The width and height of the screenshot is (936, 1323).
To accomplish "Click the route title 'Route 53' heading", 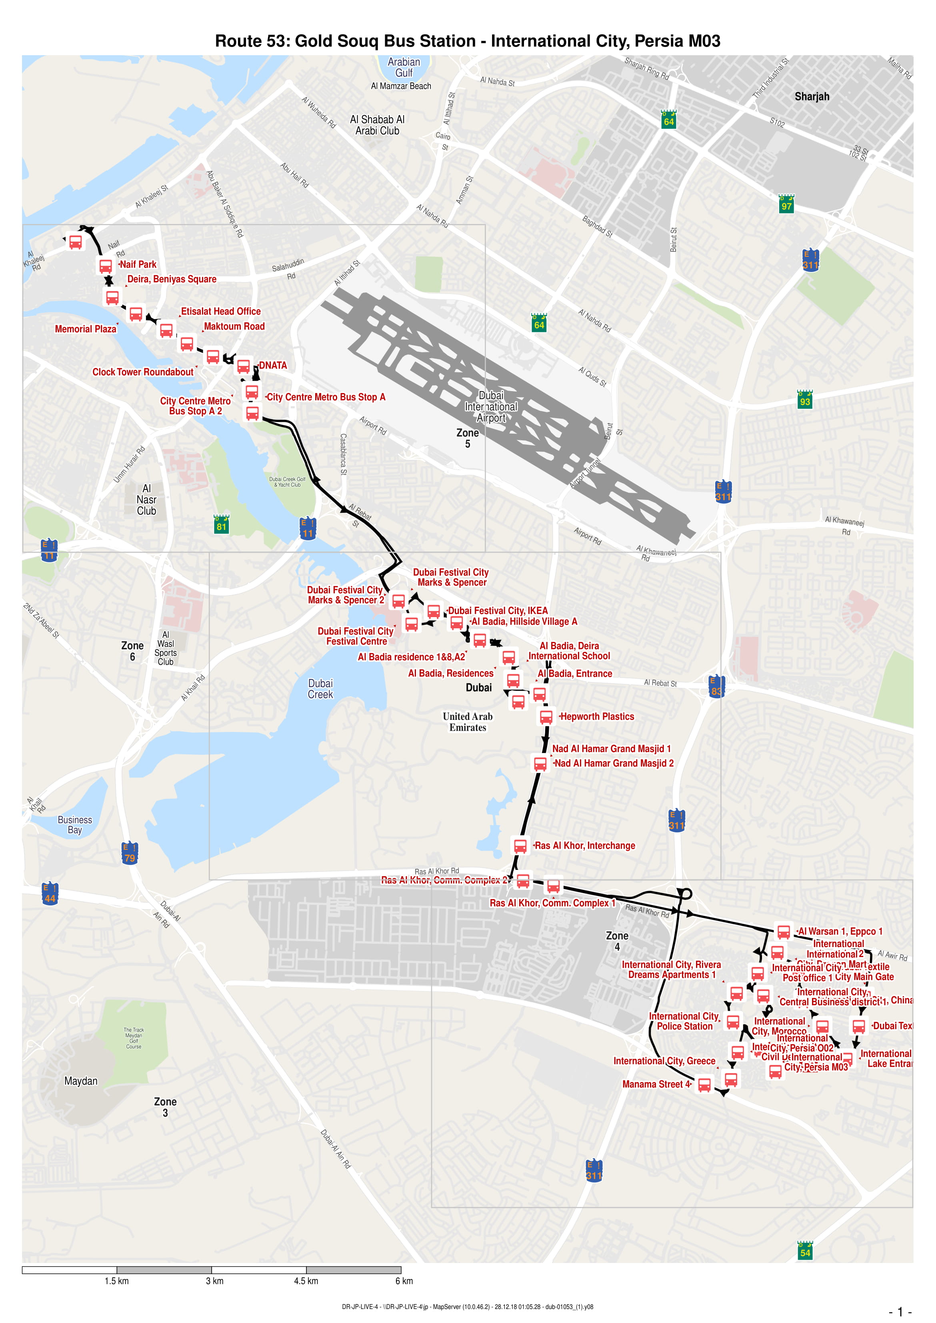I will click(x=468, y=41).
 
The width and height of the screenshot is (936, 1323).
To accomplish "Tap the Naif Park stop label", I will click(x=138, y=264).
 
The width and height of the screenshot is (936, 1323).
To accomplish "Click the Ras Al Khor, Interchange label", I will click(x=584, y=845).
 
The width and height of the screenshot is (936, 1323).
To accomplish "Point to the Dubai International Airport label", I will click(x=491, y=407).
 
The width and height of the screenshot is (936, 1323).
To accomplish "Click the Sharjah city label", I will click(x=812, y=96).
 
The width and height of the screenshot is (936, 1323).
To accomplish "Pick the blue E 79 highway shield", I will click(x=129, y=853).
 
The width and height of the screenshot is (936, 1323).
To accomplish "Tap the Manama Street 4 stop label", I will click(x=656, y=1084).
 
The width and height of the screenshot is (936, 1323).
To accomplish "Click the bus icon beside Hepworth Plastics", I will click(x=546, y=717).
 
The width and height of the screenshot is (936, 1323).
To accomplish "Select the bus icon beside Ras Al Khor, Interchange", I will click(x=520, y=845).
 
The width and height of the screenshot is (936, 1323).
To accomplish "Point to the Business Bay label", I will click(x=75, y=825).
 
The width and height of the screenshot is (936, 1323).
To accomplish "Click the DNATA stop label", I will click(x=273, y=365).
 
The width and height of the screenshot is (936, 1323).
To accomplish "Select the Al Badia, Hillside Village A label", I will click(x=524, y=621).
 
